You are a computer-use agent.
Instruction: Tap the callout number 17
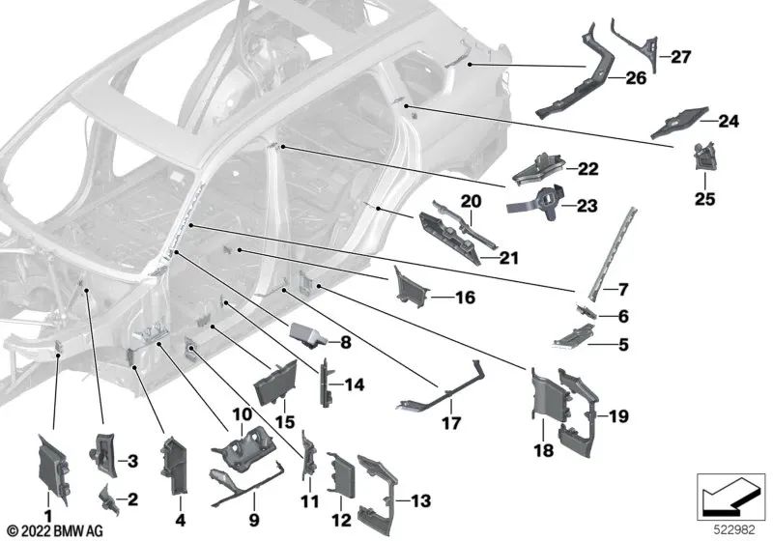click(x=451, y=423)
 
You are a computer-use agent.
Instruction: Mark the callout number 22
click(x=588, y=169)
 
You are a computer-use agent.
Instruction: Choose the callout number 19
click(x=618, y=417)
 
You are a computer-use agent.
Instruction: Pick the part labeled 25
click(x=705, y=156)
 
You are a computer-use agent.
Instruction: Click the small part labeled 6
click(x=584, y=310)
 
